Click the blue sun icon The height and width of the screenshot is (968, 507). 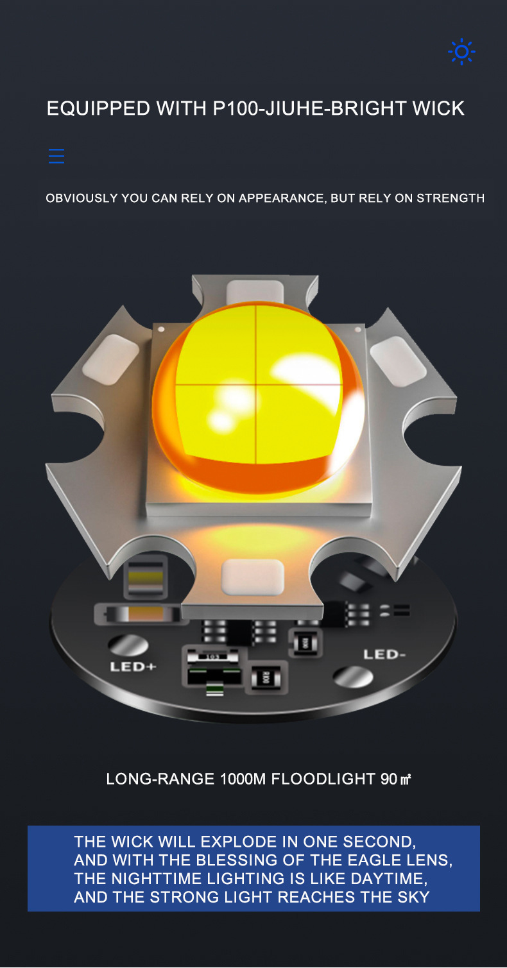(461, 52)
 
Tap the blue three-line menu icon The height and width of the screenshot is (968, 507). (56, 156)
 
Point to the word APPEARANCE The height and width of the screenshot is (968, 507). (281, 198)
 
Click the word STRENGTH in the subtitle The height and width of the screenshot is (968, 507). (451, 198)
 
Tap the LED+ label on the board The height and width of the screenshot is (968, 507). (133, 667)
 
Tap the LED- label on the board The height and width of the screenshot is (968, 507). (384, 654)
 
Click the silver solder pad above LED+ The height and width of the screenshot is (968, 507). (128, 645)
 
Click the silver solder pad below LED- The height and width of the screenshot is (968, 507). (353, 677)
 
